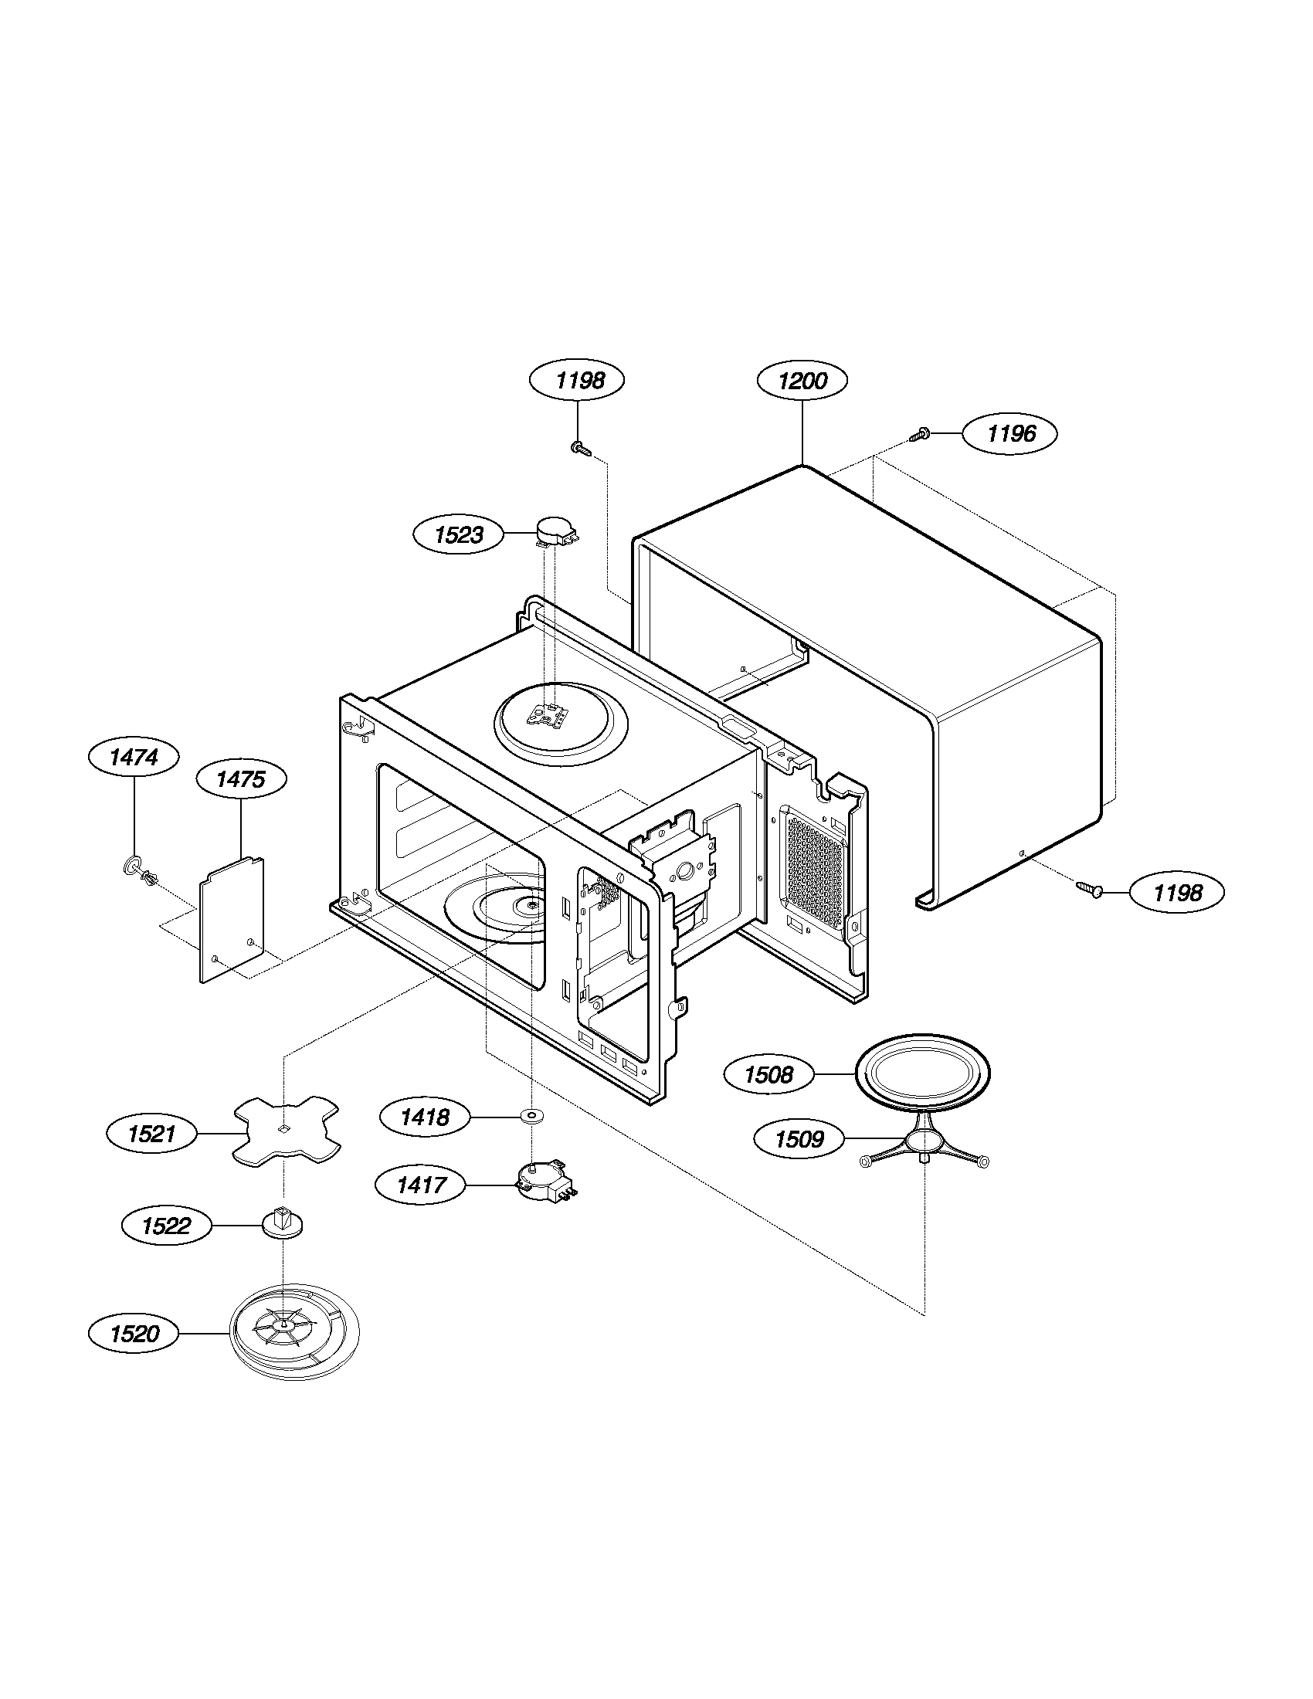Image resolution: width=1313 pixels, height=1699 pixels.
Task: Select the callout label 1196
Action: click(1010, 433)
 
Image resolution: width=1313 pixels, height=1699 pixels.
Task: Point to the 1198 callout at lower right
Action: click(1177, 892)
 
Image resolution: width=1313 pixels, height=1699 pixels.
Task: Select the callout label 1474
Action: click(134, 757)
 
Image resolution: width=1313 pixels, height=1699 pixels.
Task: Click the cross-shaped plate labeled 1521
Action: click(287, 1131)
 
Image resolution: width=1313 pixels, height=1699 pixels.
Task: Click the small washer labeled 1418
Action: click(532, 1117)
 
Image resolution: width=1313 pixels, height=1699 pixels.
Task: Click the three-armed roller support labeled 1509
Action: click(922, 1149)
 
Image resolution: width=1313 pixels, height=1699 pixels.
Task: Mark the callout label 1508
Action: click(768, 1075)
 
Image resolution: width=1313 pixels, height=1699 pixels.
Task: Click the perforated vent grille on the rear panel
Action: click(814, 867)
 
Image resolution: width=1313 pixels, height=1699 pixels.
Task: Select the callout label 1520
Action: click(134, 1334)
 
